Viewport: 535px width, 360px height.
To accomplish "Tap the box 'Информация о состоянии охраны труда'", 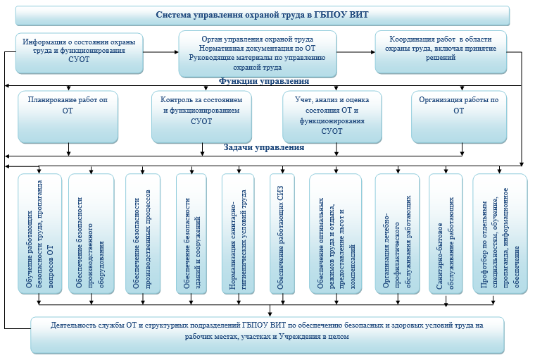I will point(79,52).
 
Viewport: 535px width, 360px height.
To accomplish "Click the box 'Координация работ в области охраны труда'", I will point(441,51).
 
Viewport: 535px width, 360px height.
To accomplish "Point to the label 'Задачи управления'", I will point(263,148).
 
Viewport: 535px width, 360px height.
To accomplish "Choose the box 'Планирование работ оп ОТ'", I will point(68,116).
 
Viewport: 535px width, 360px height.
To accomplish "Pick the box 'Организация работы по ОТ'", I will point(458,116).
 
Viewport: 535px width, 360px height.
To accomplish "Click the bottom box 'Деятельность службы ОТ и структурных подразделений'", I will point(267,334).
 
